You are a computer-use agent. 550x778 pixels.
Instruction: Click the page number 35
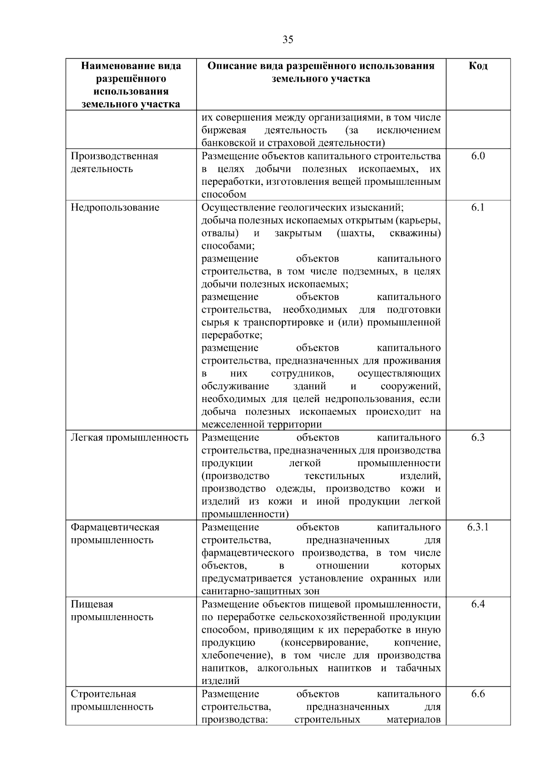tap(288, 39)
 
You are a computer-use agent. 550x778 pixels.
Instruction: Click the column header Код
tap(478, 66)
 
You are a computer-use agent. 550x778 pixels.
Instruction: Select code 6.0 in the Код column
tap(478, 156)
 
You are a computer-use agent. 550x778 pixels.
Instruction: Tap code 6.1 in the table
tap(478, 207)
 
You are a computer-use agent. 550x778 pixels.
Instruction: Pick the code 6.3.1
tap(478, 527)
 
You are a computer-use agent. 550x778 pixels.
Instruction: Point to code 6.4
tap(478, 604)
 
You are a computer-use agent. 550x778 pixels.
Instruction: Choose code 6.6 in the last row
tap(478, 694)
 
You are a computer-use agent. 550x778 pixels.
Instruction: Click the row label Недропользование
tap(115, 207)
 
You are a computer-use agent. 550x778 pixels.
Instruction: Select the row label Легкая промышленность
tap(129, 437)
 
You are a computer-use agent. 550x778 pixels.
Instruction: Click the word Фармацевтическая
tap(115, 527)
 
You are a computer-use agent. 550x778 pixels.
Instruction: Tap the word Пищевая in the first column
tap(92, 604)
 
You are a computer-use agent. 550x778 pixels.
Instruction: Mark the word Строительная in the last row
tap(104, 694)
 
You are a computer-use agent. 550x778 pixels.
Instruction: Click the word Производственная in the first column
tap(115, 156)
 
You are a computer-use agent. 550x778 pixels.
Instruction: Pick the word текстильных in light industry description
tap(334, 475)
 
